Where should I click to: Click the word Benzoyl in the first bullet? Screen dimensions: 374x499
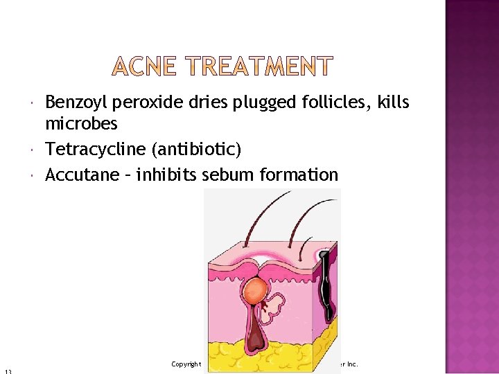[73, 104]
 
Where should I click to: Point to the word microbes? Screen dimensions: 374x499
[81, 125]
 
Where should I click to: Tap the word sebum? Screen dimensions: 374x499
[228, 175]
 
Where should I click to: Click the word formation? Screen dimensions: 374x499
[299, 175]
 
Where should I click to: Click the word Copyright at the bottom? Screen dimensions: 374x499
[186, 364]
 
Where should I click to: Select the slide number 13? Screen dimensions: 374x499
[6, 371]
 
